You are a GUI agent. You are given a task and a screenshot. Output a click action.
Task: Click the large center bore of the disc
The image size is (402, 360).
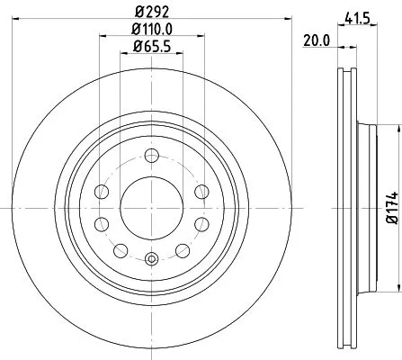coord(150,204)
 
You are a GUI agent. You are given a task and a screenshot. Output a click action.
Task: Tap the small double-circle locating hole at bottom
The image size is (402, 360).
coord(150,260)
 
